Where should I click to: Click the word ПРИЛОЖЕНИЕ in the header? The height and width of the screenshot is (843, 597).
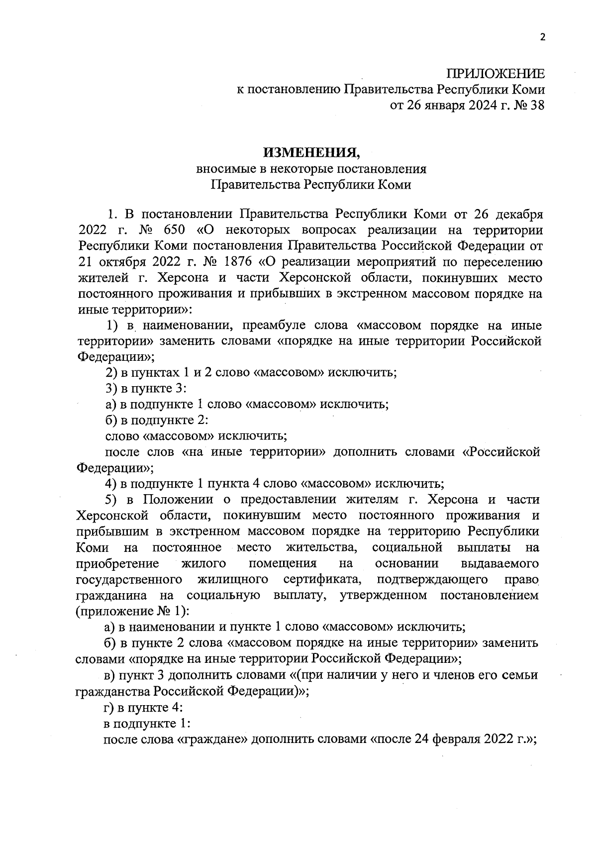pos(495,74)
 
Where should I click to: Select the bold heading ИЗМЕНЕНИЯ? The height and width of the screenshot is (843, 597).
pos(311,152)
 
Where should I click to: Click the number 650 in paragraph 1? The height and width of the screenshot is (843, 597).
pos(171,230)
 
